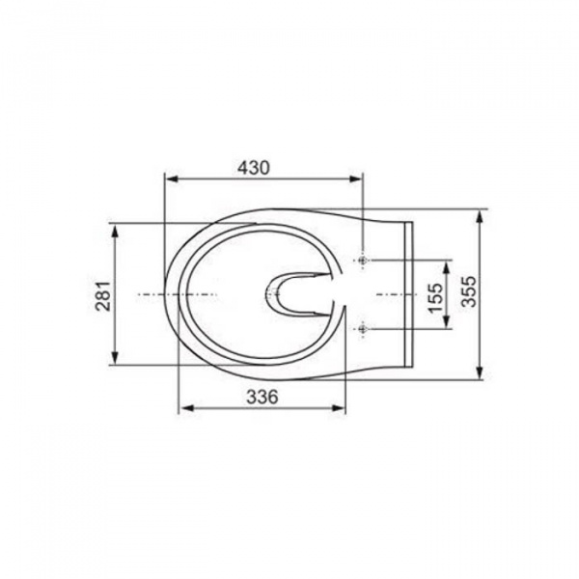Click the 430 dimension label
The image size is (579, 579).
point(253,168)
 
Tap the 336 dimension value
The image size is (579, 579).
point(262,398)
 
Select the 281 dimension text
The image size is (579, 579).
point(104,296)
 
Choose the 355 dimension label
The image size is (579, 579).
point(469,291)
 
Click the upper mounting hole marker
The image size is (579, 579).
point(364,261)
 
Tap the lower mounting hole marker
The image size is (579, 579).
point(364,328)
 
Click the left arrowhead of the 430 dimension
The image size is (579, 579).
point(173,179)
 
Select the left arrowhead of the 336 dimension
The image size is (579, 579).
point(187,408)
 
